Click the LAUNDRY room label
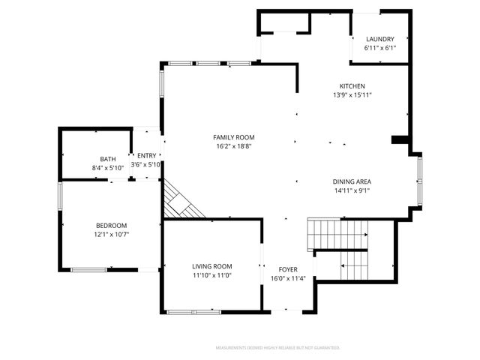click(x=379, y=40)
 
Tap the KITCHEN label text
click(x=352, y=86)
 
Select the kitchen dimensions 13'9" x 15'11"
click(x=352, y=95)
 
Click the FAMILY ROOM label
click(x=234, y=137)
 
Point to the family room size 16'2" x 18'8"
click(x=234, y=147)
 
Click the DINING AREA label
click(x=352, y=181)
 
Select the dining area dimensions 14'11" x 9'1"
click(x=352, y=190)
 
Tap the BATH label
click(x=108, y=159)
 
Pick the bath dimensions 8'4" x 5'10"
click(x=108, y=168)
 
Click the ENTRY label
click(x=146, y=155)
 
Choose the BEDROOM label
click(x=111, y=226)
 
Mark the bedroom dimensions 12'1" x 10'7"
click(x=111, y=235)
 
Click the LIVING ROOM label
click(x=212, y=266)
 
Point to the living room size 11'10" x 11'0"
click(x=212, y=275)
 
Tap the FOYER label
click(x=288, y=269)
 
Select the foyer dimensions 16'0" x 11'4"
click(x=288, y=278)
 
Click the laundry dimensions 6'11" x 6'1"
click(x=379, y=49)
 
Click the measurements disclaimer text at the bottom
click(x=277, y=348)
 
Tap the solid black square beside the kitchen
click(x=400, y=139)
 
